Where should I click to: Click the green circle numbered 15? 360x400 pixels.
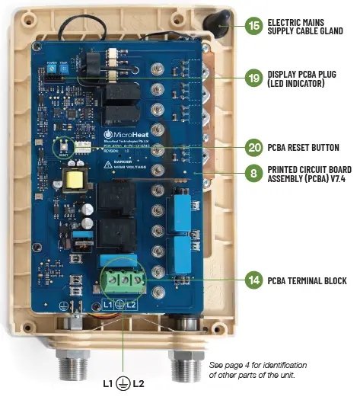pos(254,25)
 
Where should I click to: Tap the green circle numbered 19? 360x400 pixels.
pos(254,78)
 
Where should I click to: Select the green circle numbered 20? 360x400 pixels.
pos(254,148)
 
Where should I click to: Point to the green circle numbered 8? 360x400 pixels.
pos(254,174)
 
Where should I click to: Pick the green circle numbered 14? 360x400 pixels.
pos(254,280)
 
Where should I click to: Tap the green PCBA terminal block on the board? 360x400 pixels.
pos(119,285)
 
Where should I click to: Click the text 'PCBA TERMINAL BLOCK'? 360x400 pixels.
pos(308,281)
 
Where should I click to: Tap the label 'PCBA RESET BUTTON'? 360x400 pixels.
pos(306,148)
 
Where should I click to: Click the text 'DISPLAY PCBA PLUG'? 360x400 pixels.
pos(304,73)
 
